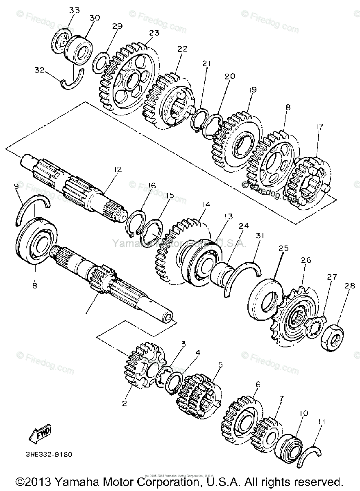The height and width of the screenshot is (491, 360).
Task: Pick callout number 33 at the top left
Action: click(74, 10)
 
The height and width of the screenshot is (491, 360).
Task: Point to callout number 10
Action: click(303, 414)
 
